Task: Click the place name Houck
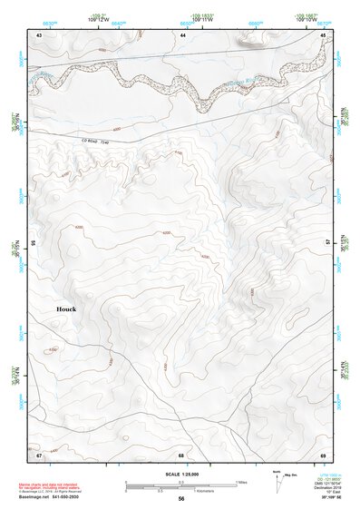[66, 309]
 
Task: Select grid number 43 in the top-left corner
[39, 34]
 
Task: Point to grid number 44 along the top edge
[182, 34]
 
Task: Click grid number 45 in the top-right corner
[322, 34]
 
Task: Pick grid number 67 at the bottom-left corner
[39, 454]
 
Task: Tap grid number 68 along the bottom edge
[181, 454]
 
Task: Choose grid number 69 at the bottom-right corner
[322, 454]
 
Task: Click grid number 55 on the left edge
[33, 244]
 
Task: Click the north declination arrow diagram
[277, 478]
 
